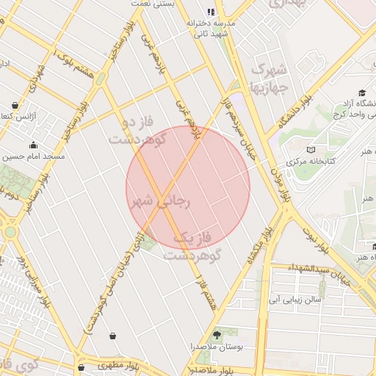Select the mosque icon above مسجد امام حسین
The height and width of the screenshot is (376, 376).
[33, 144]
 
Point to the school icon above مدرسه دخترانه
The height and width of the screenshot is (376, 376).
[211, 12]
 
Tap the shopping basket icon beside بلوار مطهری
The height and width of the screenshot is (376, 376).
[80, 366]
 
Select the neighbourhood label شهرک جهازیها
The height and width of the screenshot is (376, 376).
[269, 78]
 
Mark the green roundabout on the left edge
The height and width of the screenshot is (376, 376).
[10, 232]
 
